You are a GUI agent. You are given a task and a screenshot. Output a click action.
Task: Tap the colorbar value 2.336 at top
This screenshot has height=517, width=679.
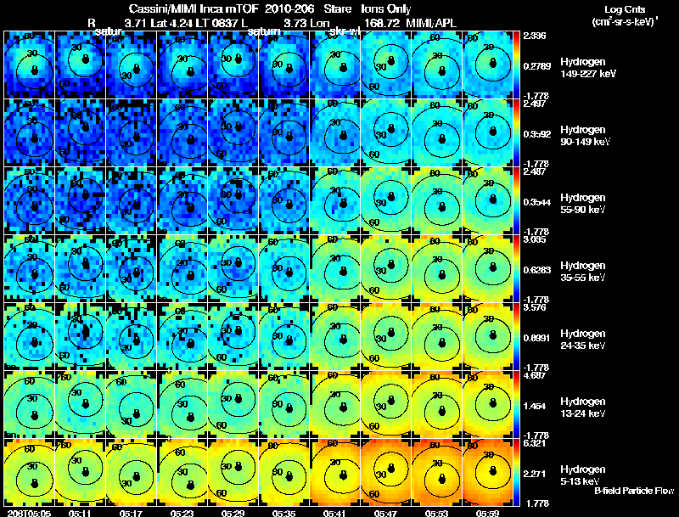tap(535, 36)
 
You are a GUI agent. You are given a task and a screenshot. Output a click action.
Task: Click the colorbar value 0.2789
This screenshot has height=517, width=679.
tap(535, 65)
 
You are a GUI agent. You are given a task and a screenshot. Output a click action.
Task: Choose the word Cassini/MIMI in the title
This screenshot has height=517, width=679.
tap(161, 8)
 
